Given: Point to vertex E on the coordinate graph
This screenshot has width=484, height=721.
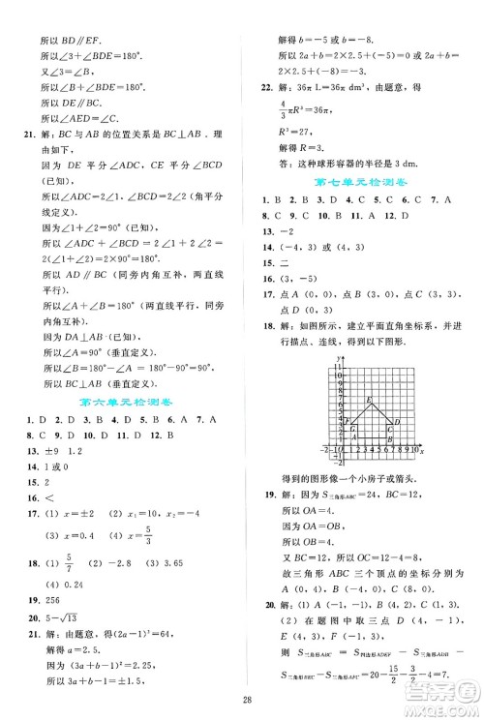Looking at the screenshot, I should [372, 401].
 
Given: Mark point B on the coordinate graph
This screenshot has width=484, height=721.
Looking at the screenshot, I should [388, 439].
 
